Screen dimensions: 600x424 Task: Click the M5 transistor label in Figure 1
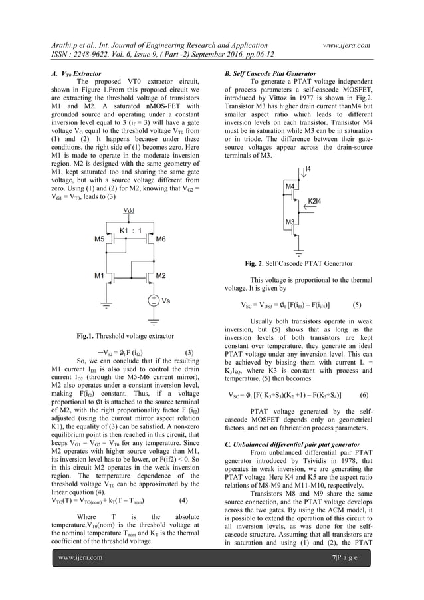click(98, 237)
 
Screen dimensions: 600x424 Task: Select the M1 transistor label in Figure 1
click(98, 275)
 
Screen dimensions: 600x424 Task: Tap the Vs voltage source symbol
click(154, 301)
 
